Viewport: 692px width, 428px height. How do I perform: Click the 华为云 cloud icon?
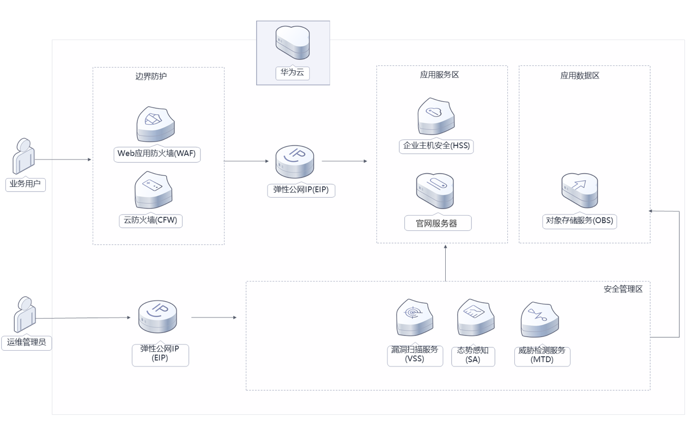tap(293, 42)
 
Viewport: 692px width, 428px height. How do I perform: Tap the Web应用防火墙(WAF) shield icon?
tap(156, 125)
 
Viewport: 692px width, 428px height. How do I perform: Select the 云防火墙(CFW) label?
tap(150, 220)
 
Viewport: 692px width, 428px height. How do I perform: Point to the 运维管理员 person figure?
tap(25, 314)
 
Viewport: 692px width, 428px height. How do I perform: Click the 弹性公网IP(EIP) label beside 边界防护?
tap(301, 189)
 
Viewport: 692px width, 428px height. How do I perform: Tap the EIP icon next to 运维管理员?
tap(157, 317)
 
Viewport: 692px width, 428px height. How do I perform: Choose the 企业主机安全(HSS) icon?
tap(436, 116)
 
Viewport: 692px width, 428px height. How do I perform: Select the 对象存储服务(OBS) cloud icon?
tap(580, 190)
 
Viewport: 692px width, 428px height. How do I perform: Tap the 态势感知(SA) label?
tap(473, 355)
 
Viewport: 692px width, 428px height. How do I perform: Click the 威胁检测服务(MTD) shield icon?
tap(539, 320)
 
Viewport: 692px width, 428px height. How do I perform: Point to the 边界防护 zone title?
tap(151, 76)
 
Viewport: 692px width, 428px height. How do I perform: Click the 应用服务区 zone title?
tap(439, 75)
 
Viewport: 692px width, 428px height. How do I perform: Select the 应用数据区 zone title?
tap(580, 76)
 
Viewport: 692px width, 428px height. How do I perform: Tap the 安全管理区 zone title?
tap(623, 289)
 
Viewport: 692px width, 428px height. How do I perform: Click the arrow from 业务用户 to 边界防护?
tap(63, 160)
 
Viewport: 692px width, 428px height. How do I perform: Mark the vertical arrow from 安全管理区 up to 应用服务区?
tap(446, 263)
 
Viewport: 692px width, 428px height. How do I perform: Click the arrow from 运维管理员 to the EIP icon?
tap(83, 318)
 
